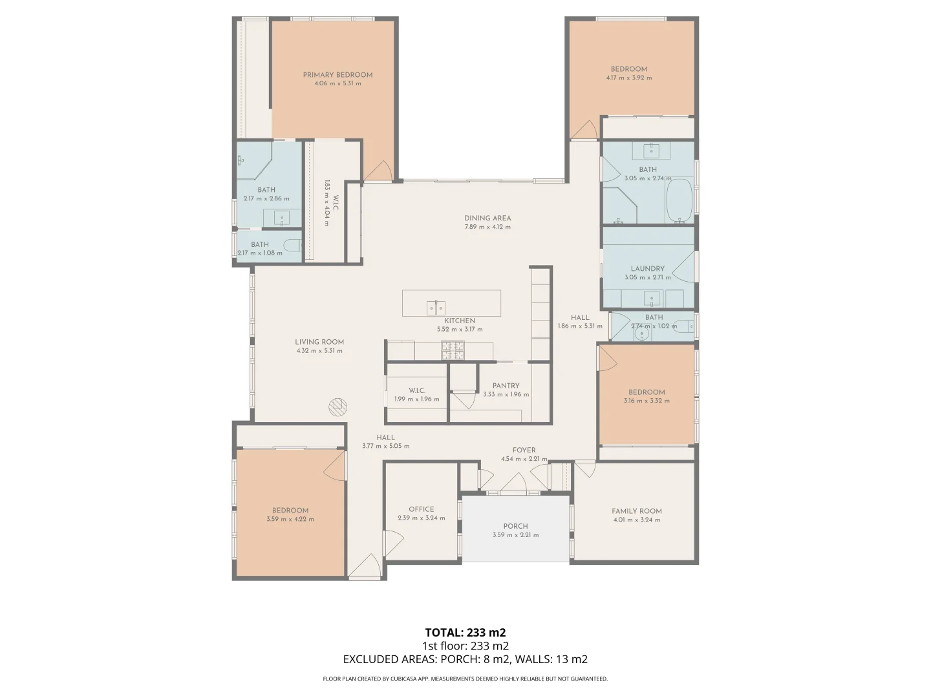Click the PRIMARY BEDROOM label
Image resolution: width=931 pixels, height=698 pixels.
337,75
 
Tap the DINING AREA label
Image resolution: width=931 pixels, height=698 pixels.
487,218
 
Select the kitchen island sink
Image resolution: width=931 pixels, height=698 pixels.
436,308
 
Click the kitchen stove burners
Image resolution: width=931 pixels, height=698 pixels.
453,350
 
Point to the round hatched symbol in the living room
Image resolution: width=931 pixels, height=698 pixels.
337,407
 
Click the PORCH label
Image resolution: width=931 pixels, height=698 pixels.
515,526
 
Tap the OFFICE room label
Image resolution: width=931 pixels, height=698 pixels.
421,509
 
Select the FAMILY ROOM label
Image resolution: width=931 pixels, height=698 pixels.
636,511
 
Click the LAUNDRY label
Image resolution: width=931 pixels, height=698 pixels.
647,269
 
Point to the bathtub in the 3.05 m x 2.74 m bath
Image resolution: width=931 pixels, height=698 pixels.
679,200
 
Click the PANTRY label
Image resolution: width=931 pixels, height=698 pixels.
506,386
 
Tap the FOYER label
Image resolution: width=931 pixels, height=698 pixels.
524,450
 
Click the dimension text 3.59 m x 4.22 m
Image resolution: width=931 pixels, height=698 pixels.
290,519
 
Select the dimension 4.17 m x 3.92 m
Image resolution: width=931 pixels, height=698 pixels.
628,78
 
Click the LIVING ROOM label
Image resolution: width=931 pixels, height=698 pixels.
319,343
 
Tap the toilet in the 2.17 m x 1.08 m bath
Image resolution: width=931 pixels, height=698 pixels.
294,246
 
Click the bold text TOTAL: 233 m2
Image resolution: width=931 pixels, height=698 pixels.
465,633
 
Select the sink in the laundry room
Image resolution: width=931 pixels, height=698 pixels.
652,299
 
